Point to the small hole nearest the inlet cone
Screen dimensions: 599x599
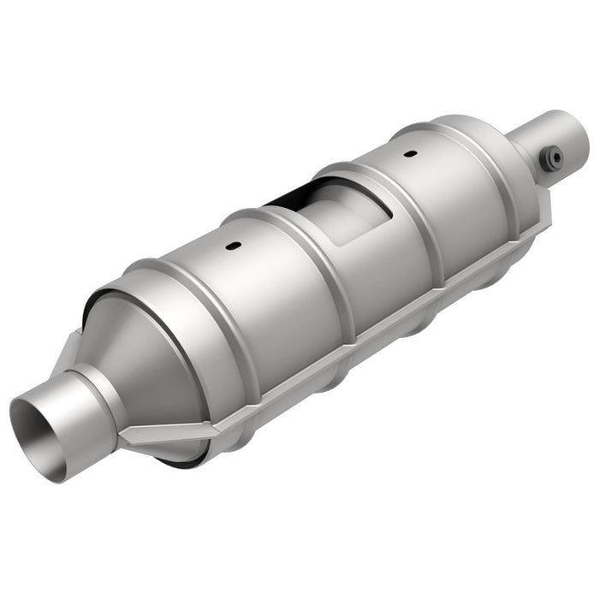click(x=232, y=247)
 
